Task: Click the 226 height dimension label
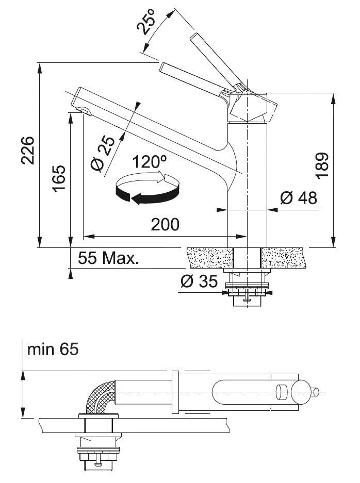[28, 151]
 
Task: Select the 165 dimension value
[59, 178]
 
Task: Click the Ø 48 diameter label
[299, 197]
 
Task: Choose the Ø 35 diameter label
[199, 282]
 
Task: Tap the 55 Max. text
[109, 258]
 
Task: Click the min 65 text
[53, 349]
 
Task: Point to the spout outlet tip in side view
[83, 110]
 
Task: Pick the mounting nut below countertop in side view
[248, 291]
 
